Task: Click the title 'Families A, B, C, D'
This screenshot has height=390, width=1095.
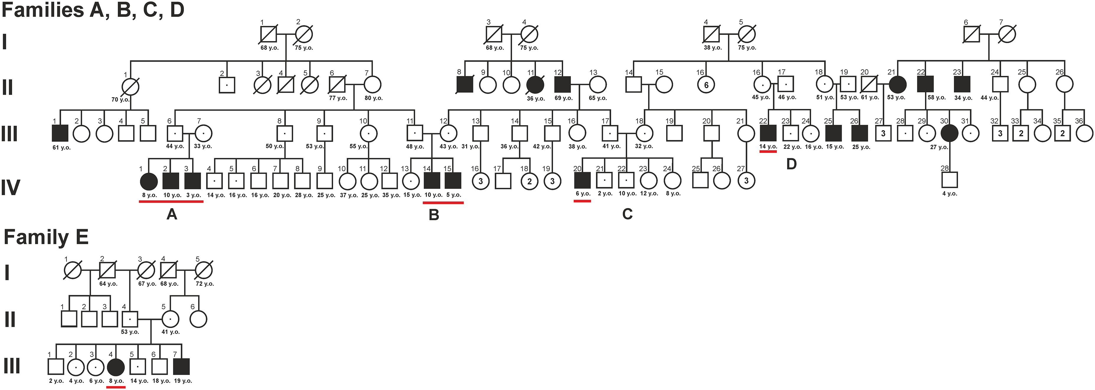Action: point(93,9)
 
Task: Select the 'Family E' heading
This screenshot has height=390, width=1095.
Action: point(46,237)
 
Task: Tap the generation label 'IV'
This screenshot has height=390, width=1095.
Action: point(10,187)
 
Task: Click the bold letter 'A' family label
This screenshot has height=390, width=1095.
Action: point(172,214)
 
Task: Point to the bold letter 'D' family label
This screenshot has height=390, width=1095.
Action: point(791,164)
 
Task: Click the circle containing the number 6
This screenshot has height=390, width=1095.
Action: point(706,85)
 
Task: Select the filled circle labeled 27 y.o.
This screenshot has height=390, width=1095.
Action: point(949,133)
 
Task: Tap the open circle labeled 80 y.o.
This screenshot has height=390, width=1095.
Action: point(372,85)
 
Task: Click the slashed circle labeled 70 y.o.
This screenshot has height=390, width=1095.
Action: point(130,87)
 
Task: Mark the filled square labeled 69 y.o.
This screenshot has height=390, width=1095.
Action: point(562,85)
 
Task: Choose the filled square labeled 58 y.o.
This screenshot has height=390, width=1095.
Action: point(925,84)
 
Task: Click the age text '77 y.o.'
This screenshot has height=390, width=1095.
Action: point(338,98)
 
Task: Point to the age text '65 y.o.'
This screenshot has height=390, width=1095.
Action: point(598,98)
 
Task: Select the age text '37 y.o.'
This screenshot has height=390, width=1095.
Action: point(349,195)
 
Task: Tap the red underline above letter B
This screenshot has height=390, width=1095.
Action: point(443,203)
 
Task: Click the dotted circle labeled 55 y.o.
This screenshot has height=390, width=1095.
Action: point(368,133)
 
